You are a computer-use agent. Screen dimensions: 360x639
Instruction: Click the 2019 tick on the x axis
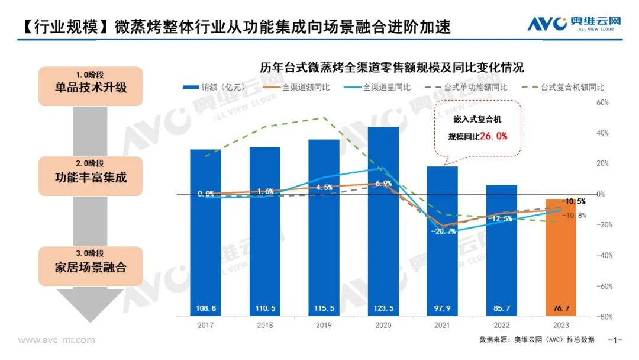[x=324, y=326]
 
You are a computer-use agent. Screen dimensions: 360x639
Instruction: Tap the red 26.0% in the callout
[x=493, y=136]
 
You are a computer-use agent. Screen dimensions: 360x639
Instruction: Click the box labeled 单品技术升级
[x=91, y=86]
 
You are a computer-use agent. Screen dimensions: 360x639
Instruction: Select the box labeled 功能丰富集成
[x=91, y=176]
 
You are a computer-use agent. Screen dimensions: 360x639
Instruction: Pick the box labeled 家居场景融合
[x=91, y=266]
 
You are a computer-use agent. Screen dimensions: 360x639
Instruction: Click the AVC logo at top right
[x=574, y=24]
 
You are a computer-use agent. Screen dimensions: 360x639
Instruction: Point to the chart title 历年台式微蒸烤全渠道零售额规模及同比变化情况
[x=392, y=67]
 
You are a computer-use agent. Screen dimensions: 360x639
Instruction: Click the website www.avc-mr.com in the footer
[x=56, y=340]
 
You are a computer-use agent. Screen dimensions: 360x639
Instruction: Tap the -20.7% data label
[x=443, y=232]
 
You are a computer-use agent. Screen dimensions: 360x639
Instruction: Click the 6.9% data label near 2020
[x=383, y=184]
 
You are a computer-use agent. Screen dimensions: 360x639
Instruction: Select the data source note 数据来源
[x=537, y=340]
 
